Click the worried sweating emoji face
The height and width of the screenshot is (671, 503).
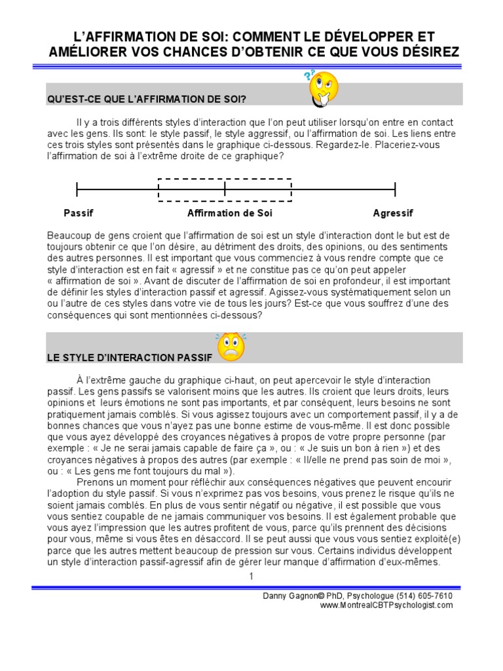(230, 347)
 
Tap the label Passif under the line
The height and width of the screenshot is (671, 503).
(79, 213)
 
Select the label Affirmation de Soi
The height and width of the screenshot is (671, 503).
(229, 213)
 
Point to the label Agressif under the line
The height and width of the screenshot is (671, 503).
(393, 213)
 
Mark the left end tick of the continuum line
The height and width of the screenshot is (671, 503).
(77, 189)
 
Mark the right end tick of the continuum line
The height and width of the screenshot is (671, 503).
(395, 189)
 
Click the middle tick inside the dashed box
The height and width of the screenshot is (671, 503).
(225, 189)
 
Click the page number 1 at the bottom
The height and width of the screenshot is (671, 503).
(250, 576)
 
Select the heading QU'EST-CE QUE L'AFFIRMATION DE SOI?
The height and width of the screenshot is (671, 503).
(146, 100)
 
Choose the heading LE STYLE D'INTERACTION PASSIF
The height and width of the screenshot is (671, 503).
(129, 358)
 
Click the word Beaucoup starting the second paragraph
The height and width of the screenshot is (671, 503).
(68, 235)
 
